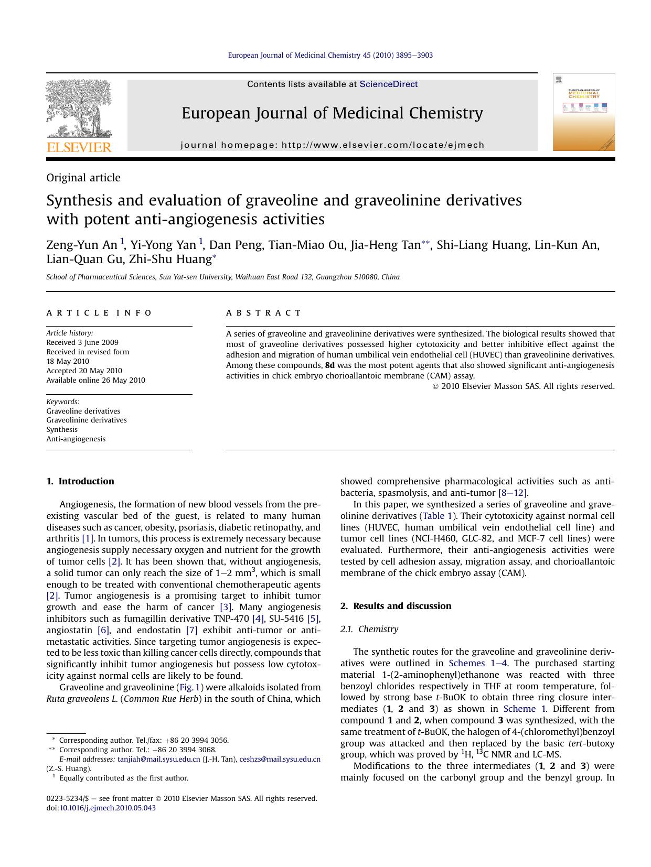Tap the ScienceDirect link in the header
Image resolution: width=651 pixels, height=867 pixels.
tap(388, 84)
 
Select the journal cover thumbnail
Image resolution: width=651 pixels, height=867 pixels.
tap(583, 112)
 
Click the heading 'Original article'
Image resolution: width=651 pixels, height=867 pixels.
tap(83, 178)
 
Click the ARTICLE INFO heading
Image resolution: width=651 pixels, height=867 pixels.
tap(99, 313)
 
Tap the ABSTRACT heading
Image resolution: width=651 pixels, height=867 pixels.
tap(264, 313)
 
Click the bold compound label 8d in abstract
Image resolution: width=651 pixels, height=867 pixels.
tap(330, 365)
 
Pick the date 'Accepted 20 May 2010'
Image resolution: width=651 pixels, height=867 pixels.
tap(84, 371)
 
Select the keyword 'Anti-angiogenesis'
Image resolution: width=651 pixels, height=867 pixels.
tap(76, 439)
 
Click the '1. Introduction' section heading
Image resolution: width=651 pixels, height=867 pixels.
tap(80, 481)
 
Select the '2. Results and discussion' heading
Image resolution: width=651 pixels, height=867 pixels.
tap(396, 606)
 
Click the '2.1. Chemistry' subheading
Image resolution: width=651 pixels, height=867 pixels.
tap(369, 629)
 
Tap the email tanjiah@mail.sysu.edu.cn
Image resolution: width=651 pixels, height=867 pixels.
tap(159, 759)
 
